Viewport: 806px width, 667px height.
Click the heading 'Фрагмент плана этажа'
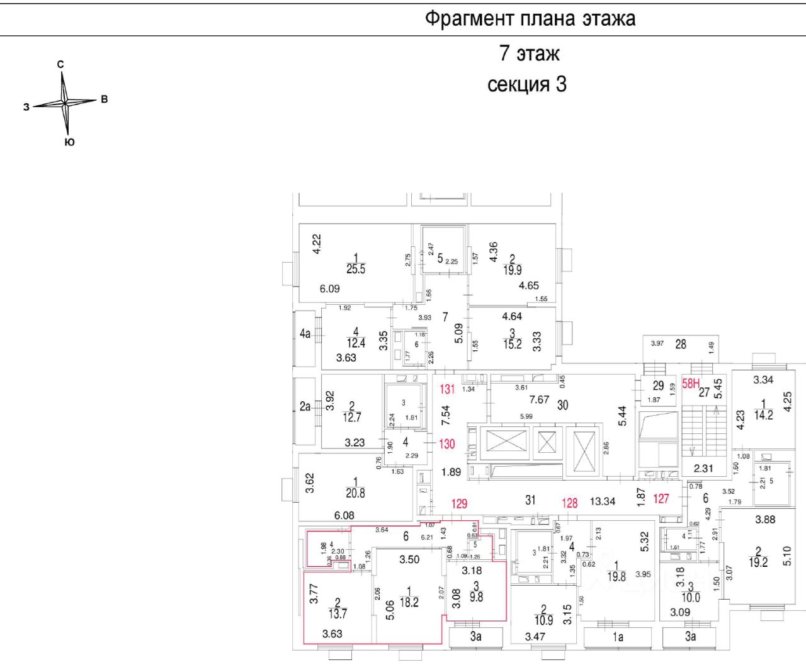tap(530, 18)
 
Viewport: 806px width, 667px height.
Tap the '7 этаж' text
tap(529, 54)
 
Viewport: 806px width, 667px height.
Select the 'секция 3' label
tap(527, 84)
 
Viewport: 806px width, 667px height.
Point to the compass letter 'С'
tap(60, 64)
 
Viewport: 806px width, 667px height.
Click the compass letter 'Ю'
tap(69, 142)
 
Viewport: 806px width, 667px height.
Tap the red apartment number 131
tap(447, 389)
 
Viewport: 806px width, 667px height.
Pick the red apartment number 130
tap(447, 444)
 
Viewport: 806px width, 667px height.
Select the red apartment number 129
tap(459, 503)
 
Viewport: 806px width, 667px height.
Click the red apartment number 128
tap(569, 503)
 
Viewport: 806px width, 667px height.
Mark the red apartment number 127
tap(661, 498)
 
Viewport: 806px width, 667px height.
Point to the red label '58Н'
tap(691, 383)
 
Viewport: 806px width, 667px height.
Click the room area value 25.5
tap(356, 269)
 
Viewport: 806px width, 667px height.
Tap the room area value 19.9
tap(513, 270)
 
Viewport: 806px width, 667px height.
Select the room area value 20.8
tap(355, 493)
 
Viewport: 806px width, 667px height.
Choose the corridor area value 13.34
tap(603, 501)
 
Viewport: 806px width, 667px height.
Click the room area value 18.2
tap(409, 602)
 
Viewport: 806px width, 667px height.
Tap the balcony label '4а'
tap(305, 334)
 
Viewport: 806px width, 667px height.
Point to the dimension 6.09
tap(329, 288)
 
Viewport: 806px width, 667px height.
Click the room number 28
tap(681, 344)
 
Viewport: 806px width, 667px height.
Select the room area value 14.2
tap(763, 414)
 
